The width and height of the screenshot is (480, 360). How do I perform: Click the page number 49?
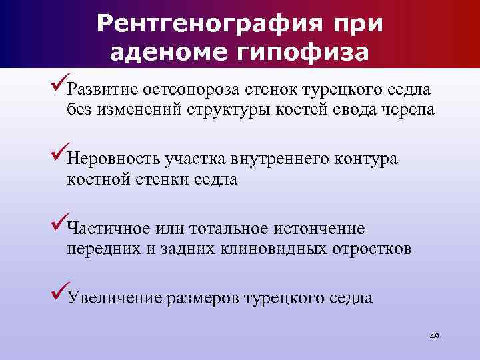434,335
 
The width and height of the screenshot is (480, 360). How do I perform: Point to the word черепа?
406,110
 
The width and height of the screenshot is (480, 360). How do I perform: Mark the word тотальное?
230,229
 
